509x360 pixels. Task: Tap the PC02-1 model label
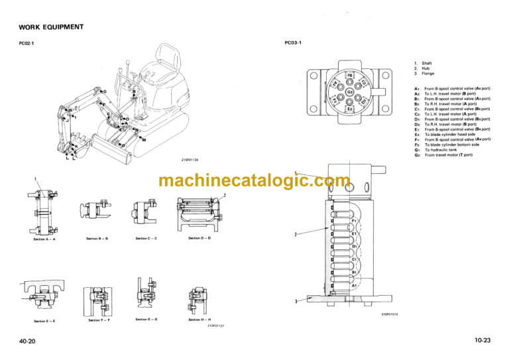coord(30,45)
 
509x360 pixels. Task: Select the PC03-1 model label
coord(292,44)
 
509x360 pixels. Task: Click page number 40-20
coord(28,340)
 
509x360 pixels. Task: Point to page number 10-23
coord(482,340)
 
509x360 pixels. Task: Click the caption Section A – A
coord(44,239)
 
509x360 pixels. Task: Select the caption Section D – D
coord(199,238)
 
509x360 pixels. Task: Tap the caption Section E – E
coord(44,321)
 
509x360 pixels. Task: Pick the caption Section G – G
coord(146,320)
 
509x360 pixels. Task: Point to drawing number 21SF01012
coord(390,314)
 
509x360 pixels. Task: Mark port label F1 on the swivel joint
coord(354,221)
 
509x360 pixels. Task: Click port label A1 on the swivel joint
coord(354,285)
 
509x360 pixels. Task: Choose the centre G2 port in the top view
coord(350,91)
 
